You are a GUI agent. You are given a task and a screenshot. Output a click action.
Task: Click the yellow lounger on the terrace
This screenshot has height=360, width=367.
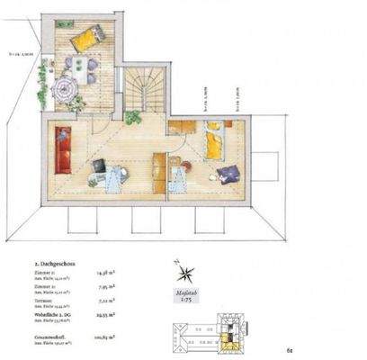(x=86, y=40)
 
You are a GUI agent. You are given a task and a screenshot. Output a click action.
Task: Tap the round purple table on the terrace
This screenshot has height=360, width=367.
(x=65, y=89)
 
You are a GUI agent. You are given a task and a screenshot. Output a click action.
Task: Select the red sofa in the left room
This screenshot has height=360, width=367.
(x=63, y=150)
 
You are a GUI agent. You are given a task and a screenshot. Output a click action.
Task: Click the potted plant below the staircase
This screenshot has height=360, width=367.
(x=132, y=118)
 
